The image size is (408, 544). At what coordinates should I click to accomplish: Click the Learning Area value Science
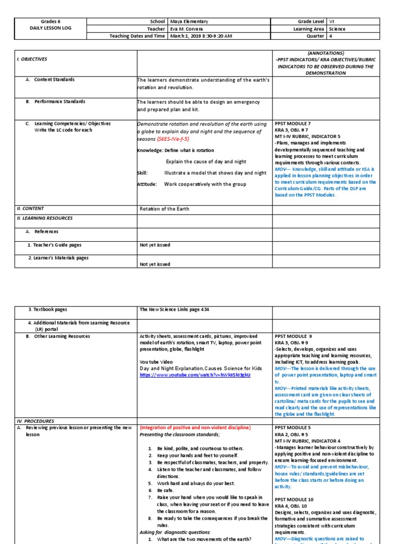(x=337, y=29)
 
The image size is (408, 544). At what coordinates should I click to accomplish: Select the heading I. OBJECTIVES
(x=32, y=60)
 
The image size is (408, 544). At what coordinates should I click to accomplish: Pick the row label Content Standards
(x=54, y=80)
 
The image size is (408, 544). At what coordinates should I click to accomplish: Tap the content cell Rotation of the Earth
(x=164, y=209)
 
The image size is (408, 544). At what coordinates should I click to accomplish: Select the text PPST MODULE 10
(x=295, y=499)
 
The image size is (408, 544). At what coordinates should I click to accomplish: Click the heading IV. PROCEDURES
(x=35, y=421)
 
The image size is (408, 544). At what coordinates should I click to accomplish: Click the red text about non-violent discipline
(x=195, y=428)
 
